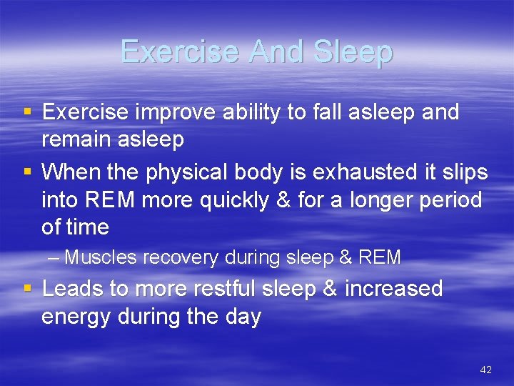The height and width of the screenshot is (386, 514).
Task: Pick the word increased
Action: coord(394,289)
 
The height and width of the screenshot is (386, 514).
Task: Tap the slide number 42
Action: coord(486,370)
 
